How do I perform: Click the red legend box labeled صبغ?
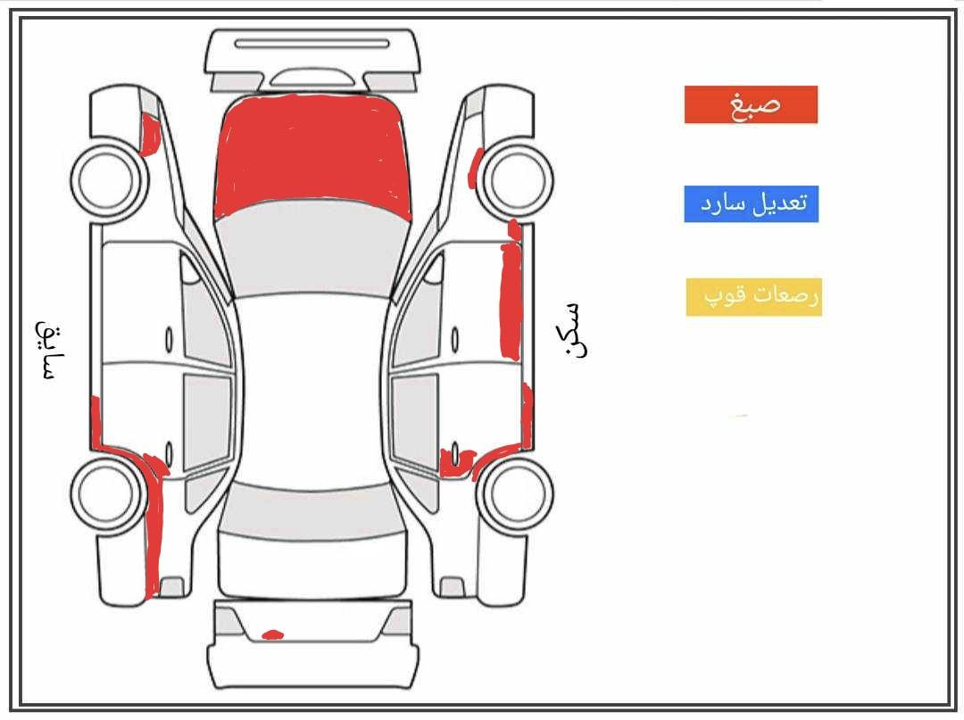click(751, 104)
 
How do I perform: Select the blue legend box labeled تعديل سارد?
click(752, 204)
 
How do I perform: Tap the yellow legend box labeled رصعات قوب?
click(753, 297)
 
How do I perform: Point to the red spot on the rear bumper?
click(272, 634)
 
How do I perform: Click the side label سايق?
click(50, 349)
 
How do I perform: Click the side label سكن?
click(574, 329)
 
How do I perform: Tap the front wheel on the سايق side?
click(110, 178)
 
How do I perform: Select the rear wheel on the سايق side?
click(109, 494)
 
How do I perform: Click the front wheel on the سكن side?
click(515, 178)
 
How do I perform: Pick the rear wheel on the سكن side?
click(515, 494)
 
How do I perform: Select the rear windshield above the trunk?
click(312, 511)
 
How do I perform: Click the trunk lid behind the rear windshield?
click(312, 565)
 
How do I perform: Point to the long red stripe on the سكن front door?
click(511, 301)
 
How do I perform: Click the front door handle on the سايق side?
click(169, 340)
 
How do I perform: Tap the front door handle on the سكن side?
click(455, 340)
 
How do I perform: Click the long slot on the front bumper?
click(312, 44)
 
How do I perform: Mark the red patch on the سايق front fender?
click(149, 135)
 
